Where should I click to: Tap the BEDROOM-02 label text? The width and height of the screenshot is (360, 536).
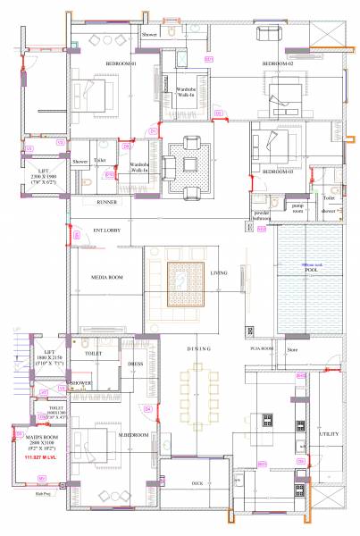point(277,64)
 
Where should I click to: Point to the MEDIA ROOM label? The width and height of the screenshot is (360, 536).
point(106,278)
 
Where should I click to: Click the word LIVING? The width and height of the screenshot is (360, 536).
point(219,273)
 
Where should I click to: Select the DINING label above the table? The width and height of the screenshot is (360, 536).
point(198,348)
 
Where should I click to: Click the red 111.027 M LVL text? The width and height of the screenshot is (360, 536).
point(30,456)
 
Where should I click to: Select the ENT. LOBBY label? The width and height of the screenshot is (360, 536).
point(106,230)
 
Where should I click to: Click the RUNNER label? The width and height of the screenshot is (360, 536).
point(106,202)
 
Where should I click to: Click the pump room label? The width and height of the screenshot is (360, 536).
point(297,206)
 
